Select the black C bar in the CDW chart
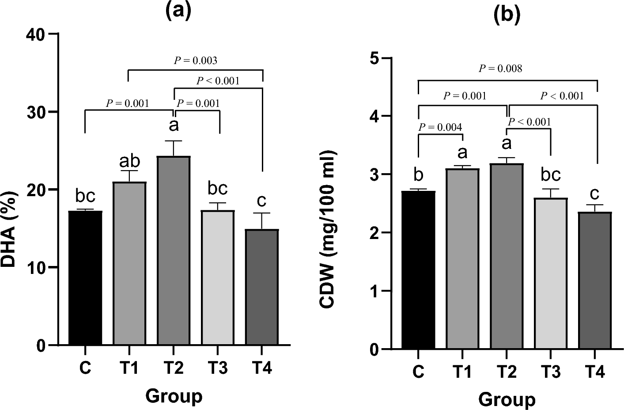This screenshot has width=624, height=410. [418, 270]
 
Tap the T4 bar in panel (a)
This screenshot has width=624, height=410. [262, 287]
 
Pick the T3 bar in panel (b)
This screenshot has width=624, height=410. [551, 273]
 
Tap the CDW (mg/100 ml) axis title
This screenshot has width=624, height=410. [328, 229]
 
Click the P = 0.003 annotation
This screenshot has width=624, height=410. [195, 61]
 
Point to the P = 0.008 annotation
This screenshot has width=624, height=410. [500, 68]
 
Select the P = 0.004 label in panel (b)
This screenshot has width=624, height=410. [440, 127]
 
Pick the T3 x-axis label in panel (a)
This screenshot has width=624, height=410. [217, 368]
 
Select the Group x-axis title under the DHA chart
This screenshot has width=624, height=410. [174, 396]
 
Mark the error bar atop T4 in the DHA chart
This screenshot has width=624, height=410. [262, 220]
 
